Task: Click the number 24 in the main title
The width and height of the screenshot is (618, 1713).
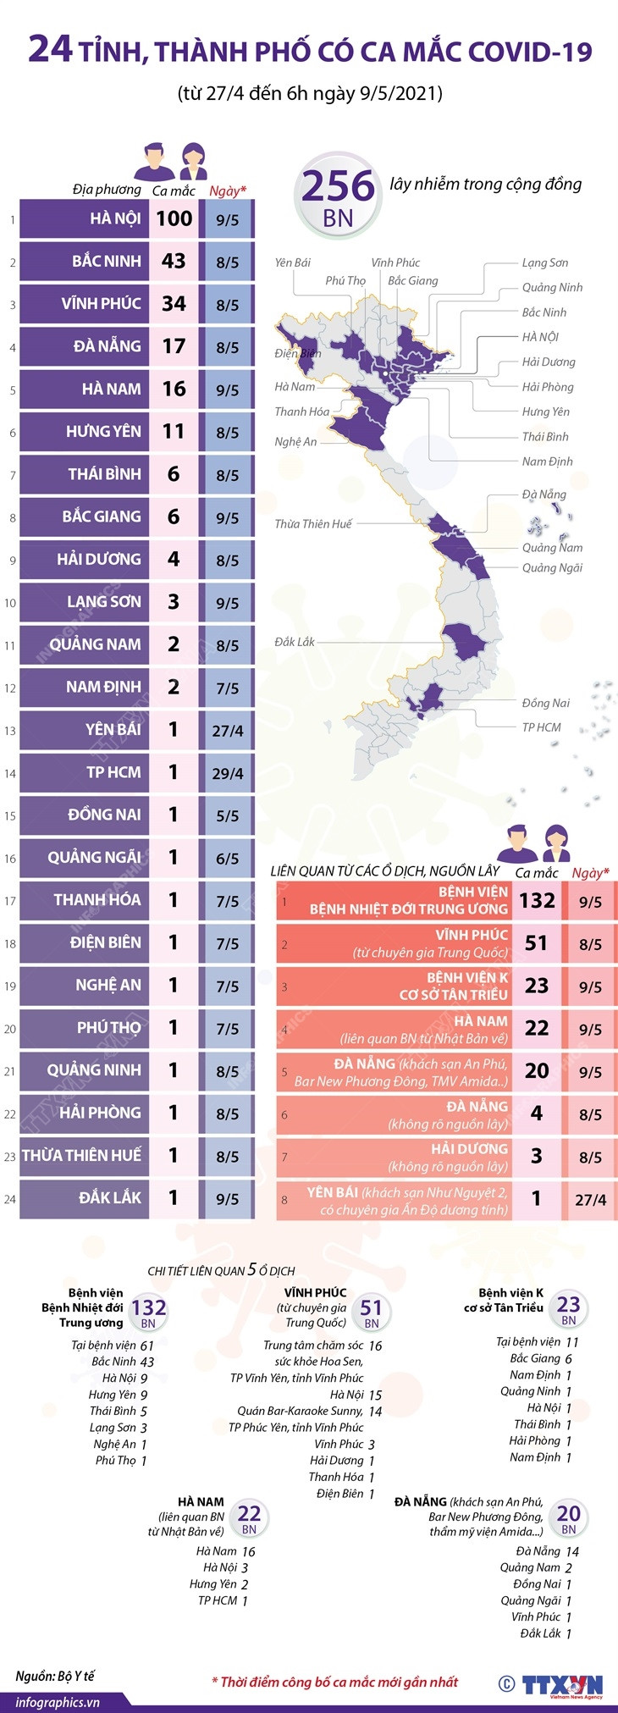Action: tap(50, 51)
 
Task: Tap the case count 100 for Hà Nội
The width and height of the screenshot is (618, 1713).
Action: tap(174, 218)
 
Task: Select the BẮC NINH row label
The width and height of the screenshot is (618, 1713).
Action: tap(106, 261)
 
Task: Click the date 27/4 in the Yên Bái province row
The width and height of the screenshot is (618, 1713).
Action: tap(227, 730)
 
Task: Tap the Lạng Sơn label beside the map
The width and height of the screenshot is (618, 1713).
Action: tap(544, 262)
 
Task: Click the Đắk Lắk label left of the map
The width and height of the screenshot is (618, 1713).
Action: tap(295, 642)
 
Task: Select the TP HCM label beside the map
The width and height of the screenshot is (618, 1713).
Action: tap(541, 727)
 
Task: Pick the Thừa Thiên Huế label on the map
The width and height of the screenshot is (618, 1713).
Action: tap(312, 524)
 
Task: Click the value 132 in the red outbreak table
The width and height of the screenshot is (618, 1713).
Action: tap(537, 900)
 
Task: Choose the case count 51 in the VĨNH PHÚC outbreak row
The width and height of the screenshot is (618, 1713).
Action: tap(537, 943)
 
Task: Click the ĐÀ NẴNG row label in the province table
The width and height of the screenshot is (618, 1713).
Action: tap(107, 346)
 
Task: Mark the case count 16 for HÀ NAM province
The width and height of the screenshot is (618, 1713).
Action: tap(174, 389)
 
